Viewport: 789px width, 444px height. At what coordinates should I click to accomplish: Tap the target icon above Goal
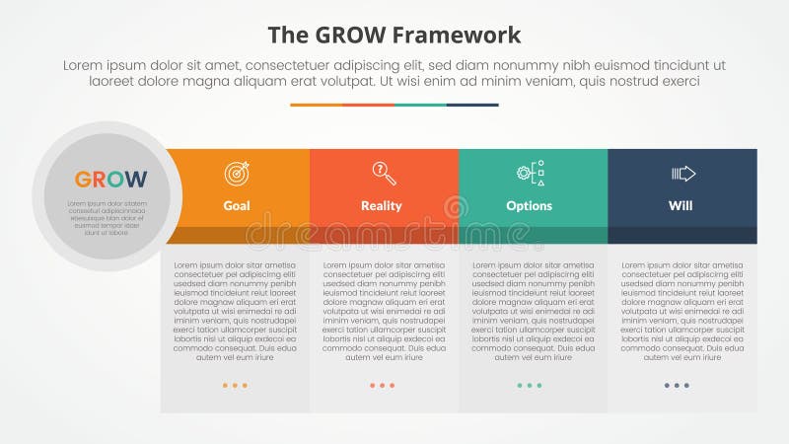pyautogui.click(x=237, y=174)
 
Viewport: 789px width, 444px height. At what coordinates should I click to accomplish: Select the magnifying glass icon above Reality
pyautogui.click(x=384, y=174)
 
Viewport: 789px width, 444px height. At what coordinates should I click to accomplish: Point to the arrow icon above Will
pyautogui.click(x=683, y=174)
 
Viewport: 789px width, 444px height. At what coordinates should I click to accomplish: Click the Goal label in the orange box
pyautogui.click(x=237, y=206)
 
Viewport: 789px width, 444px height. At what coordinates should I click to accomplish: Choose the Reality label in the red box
pyautogui.click(x=382, y=206)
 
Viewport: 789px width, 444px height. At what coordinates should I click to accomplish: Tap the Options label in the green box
pyautogui.click(x=529, y=206)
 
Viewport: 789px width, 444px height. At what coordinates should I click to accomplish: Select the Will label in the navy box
pyautogui.click(x=681, y=206)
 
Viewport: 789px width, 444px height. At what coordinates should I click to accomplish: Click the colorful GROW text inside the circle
pyautogui.click(x=110, y=180)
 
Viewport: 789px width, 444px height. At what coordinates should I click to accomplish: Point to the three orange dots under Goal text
pyautogui.click(x=235, y=385)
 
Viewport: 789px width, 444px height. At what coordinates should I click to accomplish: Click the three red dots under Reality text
pyautogui.click(x=382, y=385)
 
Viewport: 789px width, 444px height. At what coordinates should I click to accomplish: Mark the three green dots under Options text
pyautogui.click(x=530, y=385)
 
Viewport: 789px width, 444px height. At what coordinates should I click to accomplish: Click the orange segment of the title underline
pyautogui.click(x=316, y=105)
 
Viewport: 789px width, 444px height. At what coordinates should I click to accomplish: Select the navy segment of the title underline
pyautogui.click(x=472, y=105)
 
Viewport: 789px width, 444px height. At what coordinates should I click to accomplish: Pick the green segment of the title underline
pyautogui.click(x=420, y=105)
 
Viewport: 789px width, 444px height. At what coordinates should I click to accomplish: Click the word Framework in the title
pyautogui.click(x=458, y=36)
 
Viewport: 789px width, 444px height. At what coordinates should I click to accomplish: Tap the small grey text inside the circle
pyautogui.click(x=107, y=218)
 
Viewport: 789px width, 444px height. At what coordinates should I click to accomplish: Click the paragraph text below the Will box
pyautogui.click(x=681, y=311)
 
